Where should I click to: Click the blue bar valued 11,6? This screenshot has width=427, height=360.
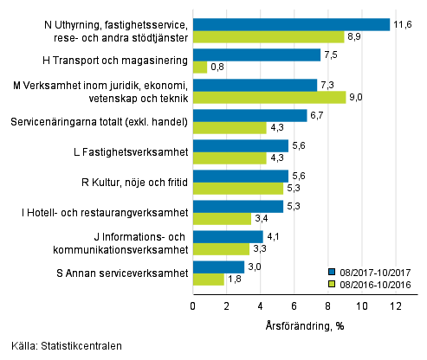(x=291, y=24)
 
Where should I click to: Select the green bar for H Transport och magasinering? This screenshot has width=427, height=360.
(x=199, y=67)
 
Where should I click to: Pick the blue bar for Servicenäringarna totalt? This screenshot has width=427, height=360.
(x=249, y=116)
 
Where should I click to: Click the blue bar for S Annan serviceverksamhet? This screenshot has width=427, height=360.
(x=218, y=267)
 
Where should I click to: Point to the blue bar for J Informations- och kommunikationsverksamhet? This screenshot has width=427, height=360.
(x=227, y=237)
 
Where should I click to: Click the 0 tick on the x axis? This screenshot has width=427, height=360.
(x=192, y=306)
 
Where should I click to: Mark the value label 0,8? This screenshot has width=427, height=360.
(x=219, y=67)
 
